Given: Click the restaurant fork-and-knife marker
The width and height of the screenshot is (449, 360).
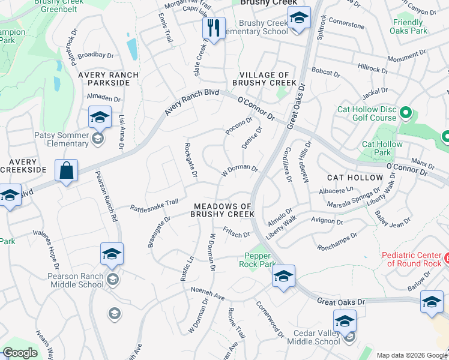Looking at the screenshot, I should (x=213, y=27).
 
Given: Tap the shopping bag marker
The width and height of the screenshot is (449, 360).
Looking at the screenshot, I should (x=66, y=170).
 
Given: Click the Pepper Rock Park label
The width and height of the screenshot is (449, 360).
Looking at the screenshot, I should (x=260, y=260).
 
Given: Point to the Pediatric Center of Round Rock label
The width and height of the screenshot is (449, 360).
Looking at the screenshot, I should (x=412, y=259).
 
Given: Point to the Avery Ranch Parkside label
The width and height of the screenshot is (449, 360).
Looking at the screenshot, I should (x=108, y=79).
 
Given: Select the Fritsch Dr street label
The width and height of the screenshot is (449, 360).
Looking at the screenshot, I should (x=236, y=231).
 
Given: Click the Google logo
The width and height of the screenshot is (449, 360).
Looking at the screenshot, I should (x=20, y=353).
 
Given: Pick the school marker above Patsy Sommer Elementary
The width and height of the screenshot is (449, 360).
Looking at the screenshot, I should (x=99, y=117).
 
